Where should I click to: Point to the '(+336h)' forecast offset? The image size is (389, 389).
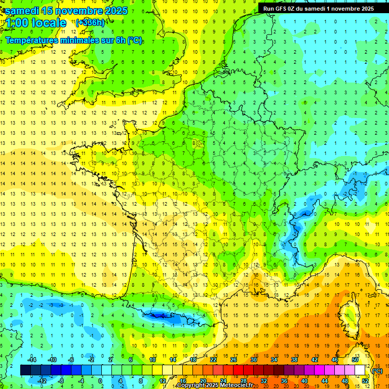[90, 23]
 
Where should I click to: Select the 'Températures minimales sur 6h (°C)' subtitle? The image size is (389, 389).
[73, 41]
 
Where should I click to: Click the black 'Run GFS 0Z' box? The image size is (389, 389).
[318, 8]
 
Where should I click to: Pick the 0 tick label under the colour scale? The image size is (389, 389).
[100, 381]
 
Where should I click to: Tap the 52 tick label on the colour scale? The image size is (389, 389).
[365, 381]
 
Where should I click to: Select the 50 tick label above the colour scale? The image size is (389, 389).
[355, 359]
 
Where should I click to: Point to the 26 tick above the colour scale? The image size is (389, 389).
[234, 359]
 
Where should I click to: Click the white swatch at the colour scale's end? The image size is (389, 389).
[360, 370]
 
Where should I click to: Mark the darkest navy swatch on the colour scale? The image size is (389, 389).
[25, 370]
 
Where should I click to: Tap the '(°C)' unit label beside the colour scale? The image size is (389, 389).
[377, 371]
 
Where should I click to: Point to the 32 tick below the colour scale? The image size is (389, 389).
[264, 381]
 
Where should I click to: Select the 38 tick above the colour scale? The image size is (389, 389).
[294, 359]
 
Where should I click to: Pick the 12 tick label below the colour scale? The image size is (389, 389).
[163, 381]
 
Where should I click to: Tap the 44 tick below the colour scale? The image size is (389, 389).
[325, 381]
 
